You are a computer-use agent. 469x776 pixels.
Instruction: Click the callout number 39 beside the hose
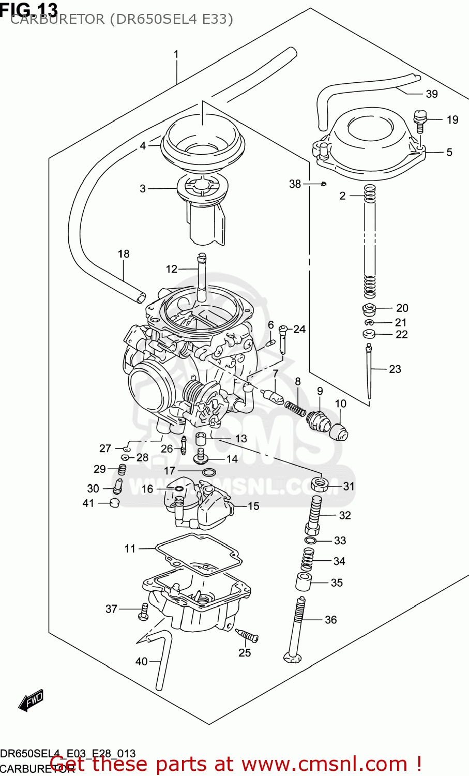[x=431, y=94]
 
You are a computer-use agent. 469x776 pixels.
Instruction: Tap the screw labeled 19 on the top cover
[x=420, y=120]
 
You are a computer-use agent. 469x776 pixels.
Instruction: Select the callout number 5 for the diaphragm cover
[x=449, y=152]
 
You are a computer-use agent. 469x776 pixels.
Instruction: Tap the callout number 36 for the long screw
[x=330, y=619]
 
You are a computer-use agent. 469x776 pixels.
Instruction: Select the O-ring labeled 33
[x=310, y=541]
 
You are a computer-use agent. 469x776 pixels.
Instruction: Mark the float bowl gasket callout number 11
[x=130, y=548]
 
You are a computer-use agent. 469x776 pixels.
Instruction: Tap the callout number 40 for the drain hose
[x=141, y=661]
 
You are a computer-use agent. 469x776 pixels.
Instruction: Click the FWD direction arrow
[x=31, y=700]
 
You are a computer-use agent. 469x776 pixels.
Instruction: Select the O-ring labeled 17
[x=209, y=472]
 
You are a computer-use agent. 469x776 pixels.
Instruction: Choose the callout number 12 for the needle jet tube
[x=171, y=269]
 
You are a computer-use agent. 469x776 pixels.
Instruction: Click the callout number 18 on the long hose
[x=123, y=253]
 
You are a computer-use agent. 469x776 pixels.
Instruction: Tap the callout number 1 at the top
[x=176, y=54]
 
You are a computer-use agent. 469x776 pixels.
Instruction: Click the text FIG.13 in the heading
[x=29, y=9]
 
